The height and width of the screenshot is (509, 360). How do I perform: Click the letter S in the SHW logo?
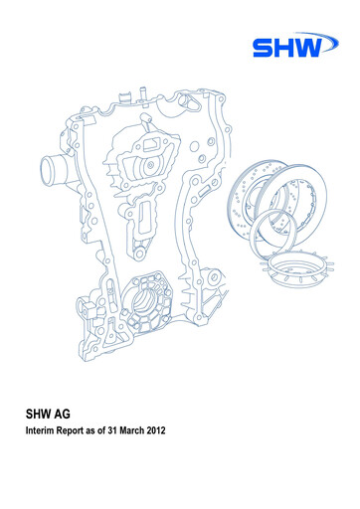pyautogui.click(x=266, y=48)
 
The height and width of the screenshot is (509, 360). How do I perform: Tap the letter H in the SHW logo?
pyautogui.click(x=290, y=48)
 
